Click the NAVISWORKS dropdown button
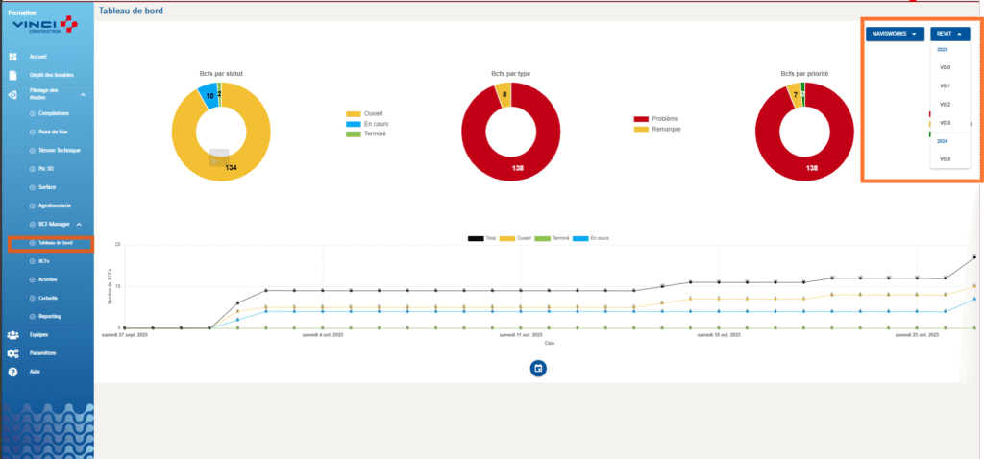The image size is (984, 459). click(895, 34)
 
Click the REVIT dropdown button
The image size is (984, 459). click(949, 34)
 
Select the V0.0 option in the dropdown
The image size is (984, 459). click(945, 67)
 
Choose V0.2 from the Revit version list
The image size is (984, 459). click(945, 104)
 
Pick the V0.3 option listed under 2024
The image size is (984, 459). click(945, 158)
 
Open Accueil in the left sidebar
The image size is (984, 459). click(38, 57)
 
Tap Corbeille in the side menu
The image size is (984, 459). click(49, 298)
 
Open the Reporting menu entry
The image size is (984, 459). click(50, 316)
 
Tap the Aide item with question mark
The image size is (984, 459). click(35, 371)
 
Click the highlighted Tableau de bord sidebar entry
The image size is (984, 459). click(56, 243)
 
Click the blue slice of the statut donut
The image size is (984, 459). click(207, 94)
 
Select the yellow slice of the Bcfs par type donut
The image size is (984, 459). click(504, 94)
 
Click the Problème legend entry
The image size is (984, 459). click(666, 119)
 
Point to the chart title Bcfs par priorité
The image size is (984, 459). click(804, 74)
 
